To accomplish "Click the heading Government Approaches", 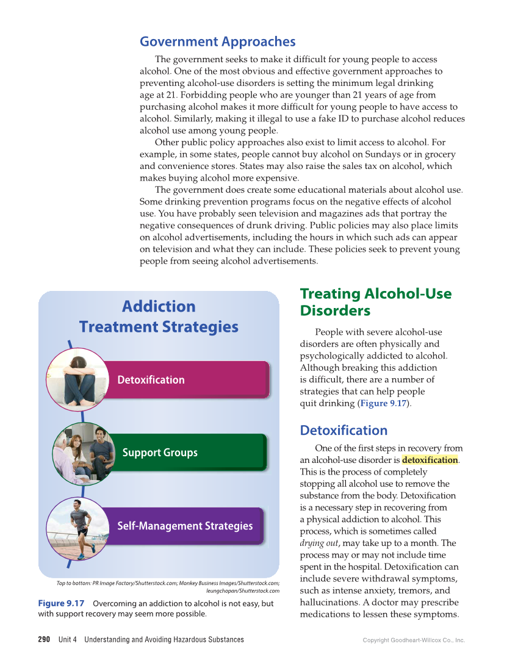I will tap(217, 41).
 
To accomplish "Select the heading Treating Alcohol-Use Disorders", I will tap(375, 302).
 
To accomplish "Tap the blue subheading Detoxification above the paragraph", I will tap(344, 430).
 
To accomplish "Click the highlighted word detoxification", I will tap(430, 460).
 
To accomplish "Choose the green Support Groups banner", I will tap(183, 453).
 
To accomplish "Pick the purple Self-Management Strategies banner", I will tap(185, 526).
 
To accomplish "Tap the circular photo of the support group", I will tap(83, 453).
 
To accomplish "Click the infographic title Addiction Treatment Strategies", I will tap(159, 316).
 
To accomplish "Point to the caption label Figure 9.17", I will tap(61, 603).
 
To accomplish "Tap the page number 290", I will tap(44, 639).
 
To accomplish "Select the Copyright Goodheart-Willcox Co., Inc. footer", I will tap(414, 640).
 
